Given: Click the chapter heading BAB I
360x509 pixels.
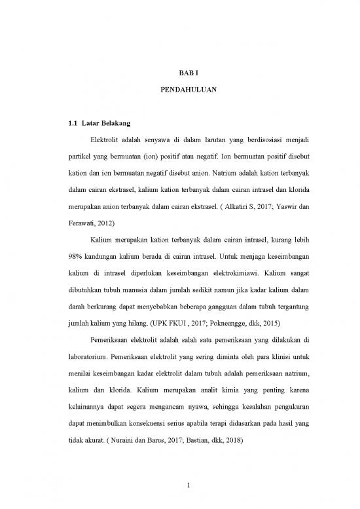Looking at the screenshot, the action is pos(179,77).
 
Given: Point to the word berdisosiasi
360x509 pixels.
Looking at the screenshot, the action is pos(256,140).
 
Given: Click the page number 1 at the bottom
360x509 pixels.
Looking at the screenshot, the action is pos(179,485).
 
